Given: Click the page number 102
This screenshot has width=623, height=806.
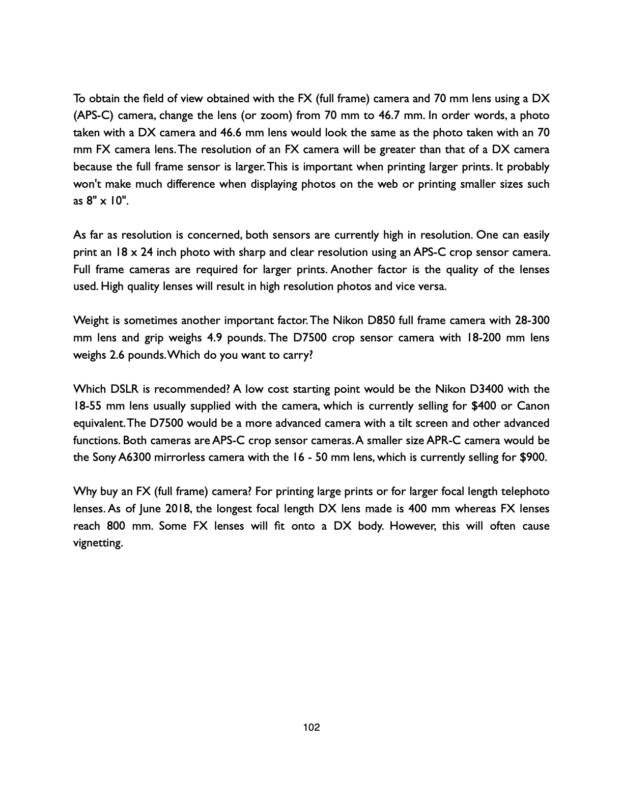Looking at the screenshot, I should [x=311, y=727].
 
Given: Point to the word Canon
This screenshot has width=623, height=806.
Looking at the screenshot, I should [x=533, y=406].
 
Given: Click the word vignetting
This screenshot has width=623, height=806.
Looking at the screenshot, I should [x=98, y=543].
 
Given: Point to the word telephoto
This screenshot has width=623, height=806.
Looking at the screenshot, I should [x=525, y=492].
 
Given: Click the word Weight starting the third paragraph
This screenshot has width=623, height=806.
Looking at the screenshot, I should [x=91, y=321].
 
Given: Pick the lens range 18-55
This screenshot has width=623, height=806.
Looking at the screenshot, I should [x=87, y=406].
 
